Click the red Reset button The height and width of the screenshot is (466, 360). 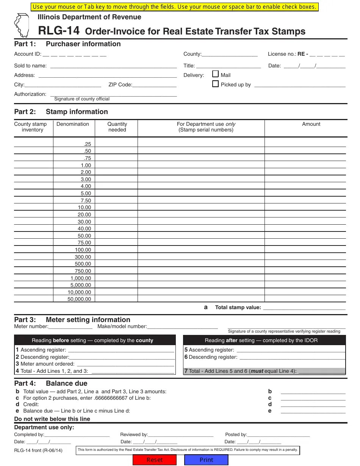(x=155, y=460)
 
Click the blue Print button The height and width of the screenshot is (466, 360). (x=206, y=460)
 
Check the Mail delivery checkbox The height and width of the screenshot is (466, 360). (x=216, y=74)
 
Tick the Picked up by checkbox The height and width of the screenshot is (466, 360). (x=216, y=84)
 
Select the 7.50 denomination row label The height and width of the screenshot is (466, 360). (x=86, y=200)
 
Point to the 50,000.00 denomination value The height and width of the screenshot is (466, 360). (x=80, y=299)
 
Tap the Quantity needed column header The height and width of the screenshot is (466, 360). (x=117, y=127)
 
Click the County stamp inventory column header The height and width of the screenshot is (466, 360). (x=30, y=127)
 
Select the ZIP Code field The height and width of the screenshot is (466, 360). (x=154, y=84)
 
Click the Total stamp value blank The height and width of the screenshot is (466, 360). (x=304, y=307)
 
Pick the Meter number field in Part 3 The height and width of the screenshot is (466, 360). (x=70, y=326)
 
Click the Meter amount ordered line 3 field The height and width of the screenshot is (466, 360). (x=125, y=364)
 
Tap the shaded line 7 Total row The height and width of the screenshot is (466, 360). (x=264, y=371)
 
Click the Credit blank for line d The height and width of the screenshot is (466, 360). (x=313, y=404)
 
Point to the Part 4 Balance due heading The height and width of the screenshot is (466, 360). (x=51, y=383)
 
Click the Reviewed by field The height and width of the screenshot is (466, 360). (x=180, y=435)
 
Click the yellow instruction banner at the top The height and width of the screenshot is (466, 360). (x=174, y=7)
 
